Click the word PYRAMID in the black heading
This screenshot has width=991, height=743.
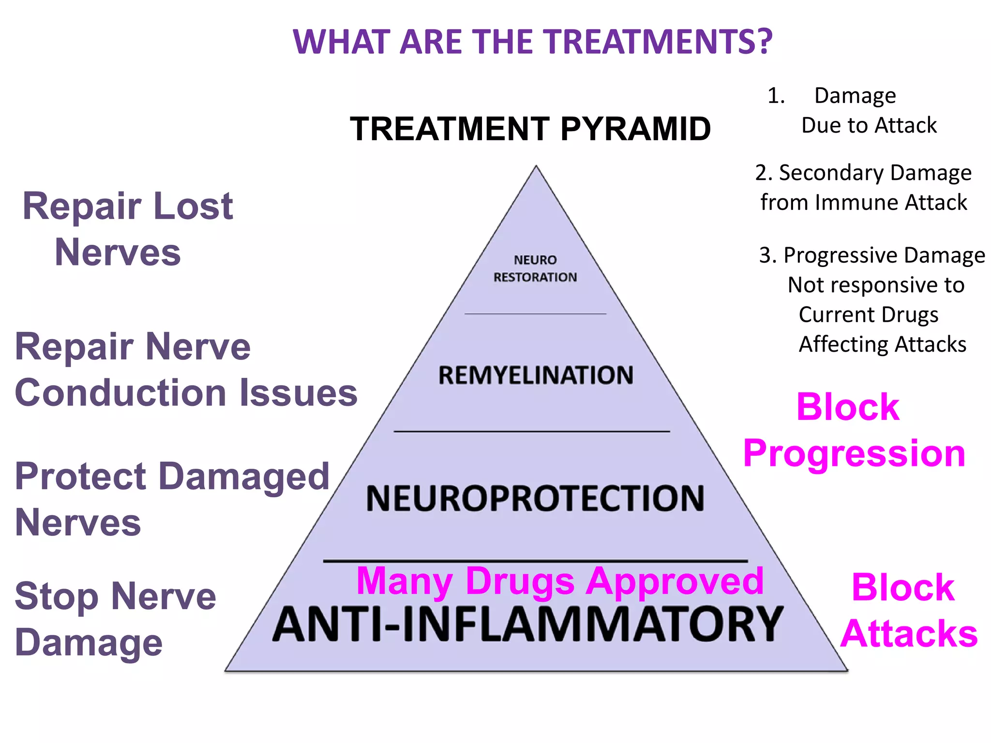click(x=635, y=129)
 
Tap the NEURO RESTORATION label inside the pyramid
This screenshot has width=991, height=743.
click(x=535, y=268)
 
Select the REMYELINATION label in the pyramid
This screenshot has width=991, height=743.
click(x=536, y=375)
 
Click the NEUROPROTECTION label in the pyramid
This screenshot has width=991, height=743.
click(x=535, y=498)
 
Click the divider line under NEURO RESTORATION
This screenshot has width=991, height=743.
click(x=535, y=314)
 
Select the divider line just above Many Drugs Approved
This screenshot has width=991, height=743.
click(x=535, y=561)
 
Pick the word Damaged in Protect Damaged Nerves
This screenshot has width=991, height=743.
click(x=244, y=476)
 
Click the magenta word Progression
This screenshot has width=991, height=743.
click(x=854, y=454)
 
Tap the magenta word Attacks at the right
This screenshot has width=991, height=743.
click(x=909, y=634)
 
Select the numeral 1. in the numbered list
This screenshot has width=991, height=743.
click(x=776, y=96)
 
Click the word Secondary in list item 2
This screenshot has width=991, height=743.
click(x=831, y=173)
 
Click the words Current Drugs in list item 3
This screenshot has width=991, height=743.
click(x=869, y=315)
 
